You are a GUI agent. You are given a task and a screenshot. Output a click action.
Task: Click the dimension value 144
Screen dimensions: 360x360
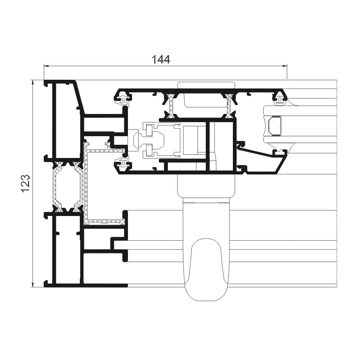click(161, 60)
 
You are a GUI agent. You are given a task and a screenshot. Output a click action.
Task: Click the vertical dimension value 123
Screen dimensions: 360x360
click(26, 183)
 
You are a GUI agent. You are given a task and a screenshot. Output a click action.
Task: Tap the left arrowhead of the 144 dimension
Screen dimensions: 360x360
click(46, 66)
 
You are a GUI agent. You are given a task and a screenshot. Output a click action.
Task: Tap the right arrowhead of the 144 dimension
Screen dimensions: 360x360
click(285, 66)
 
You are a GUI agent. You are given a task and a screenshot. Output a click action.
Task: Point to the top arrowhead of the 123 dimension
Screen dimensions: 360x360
click(33, 83)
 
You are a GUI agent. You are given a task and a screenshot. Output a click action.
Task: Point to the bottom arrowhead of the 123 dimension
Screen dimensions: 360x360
click(33, 285)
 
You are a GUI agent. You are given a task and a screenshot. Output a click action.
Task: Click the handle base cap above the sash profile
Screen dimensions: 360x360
click(207, 85)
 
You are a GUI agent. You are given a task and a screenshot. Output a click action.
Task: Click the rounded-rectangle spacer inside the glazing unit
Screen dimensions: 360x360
click(274, 126)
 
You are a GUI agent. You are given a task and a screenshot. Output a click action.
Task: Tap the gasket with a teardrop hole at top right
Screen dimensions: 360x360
click(280, 99)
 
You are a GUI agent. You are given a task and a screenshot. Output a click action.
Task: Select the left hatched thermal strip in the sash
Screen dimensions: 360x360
click(170, 106)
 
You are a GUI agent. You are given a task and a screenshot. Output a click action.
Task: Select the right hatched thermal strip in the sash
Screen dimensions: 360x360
click(229, 106)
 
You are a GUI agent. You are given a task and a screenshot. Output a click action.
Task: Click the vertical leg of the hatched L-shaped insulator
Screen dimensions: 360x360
click(86, 183)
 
